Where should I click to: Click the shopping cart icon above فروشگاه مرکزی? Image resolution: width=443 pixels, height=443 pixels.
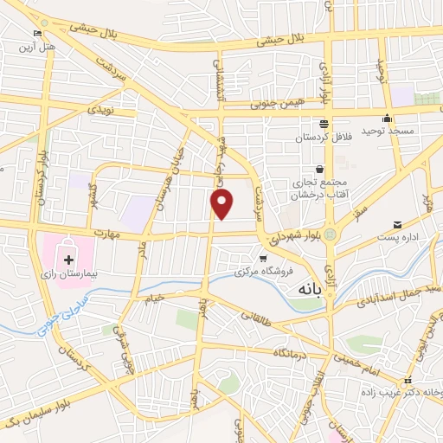pos(263,259)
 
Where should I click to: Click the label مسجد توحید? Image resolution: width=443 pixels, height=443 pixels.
pos(384,131)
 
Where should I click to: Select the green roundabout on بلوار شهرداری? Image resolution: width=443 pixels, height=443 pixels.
pos(331,235)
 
